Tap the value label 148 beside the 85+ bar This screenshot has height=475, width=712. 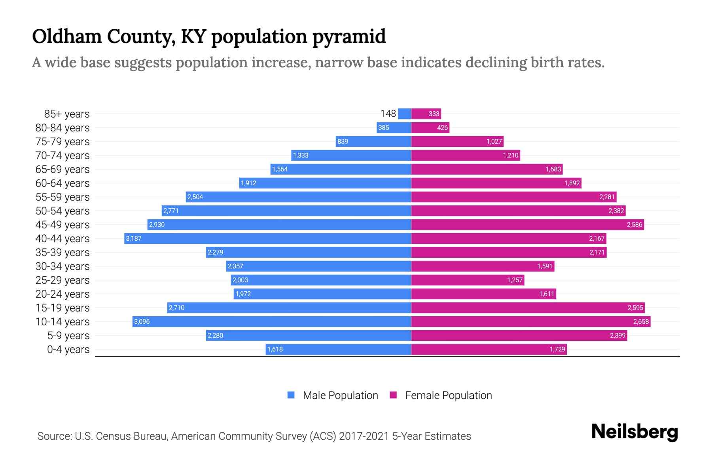tap(388, 114)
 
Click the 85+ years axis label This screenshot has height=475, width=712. tap(66, 114)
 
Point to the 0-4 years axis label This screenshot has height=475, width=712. tap(68, 350)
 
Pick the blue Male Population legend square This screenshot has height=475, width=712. tap(291, 395)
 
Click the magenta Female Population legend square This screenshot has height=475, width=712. tap(393, 395)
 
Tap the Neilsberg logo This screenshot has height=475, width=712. tap(634, 432)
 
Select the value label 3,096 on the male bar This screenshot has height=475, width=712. tap(142, 321)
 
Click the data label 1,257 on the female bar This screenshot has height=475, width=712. tap(515, 280)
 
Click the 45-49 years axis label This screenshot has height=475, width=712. tap(62, 225)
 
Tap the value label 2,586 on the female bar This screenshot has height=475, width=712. tap(634, 224)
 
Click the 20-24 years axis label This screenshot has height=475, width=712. tap(62, 294)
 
